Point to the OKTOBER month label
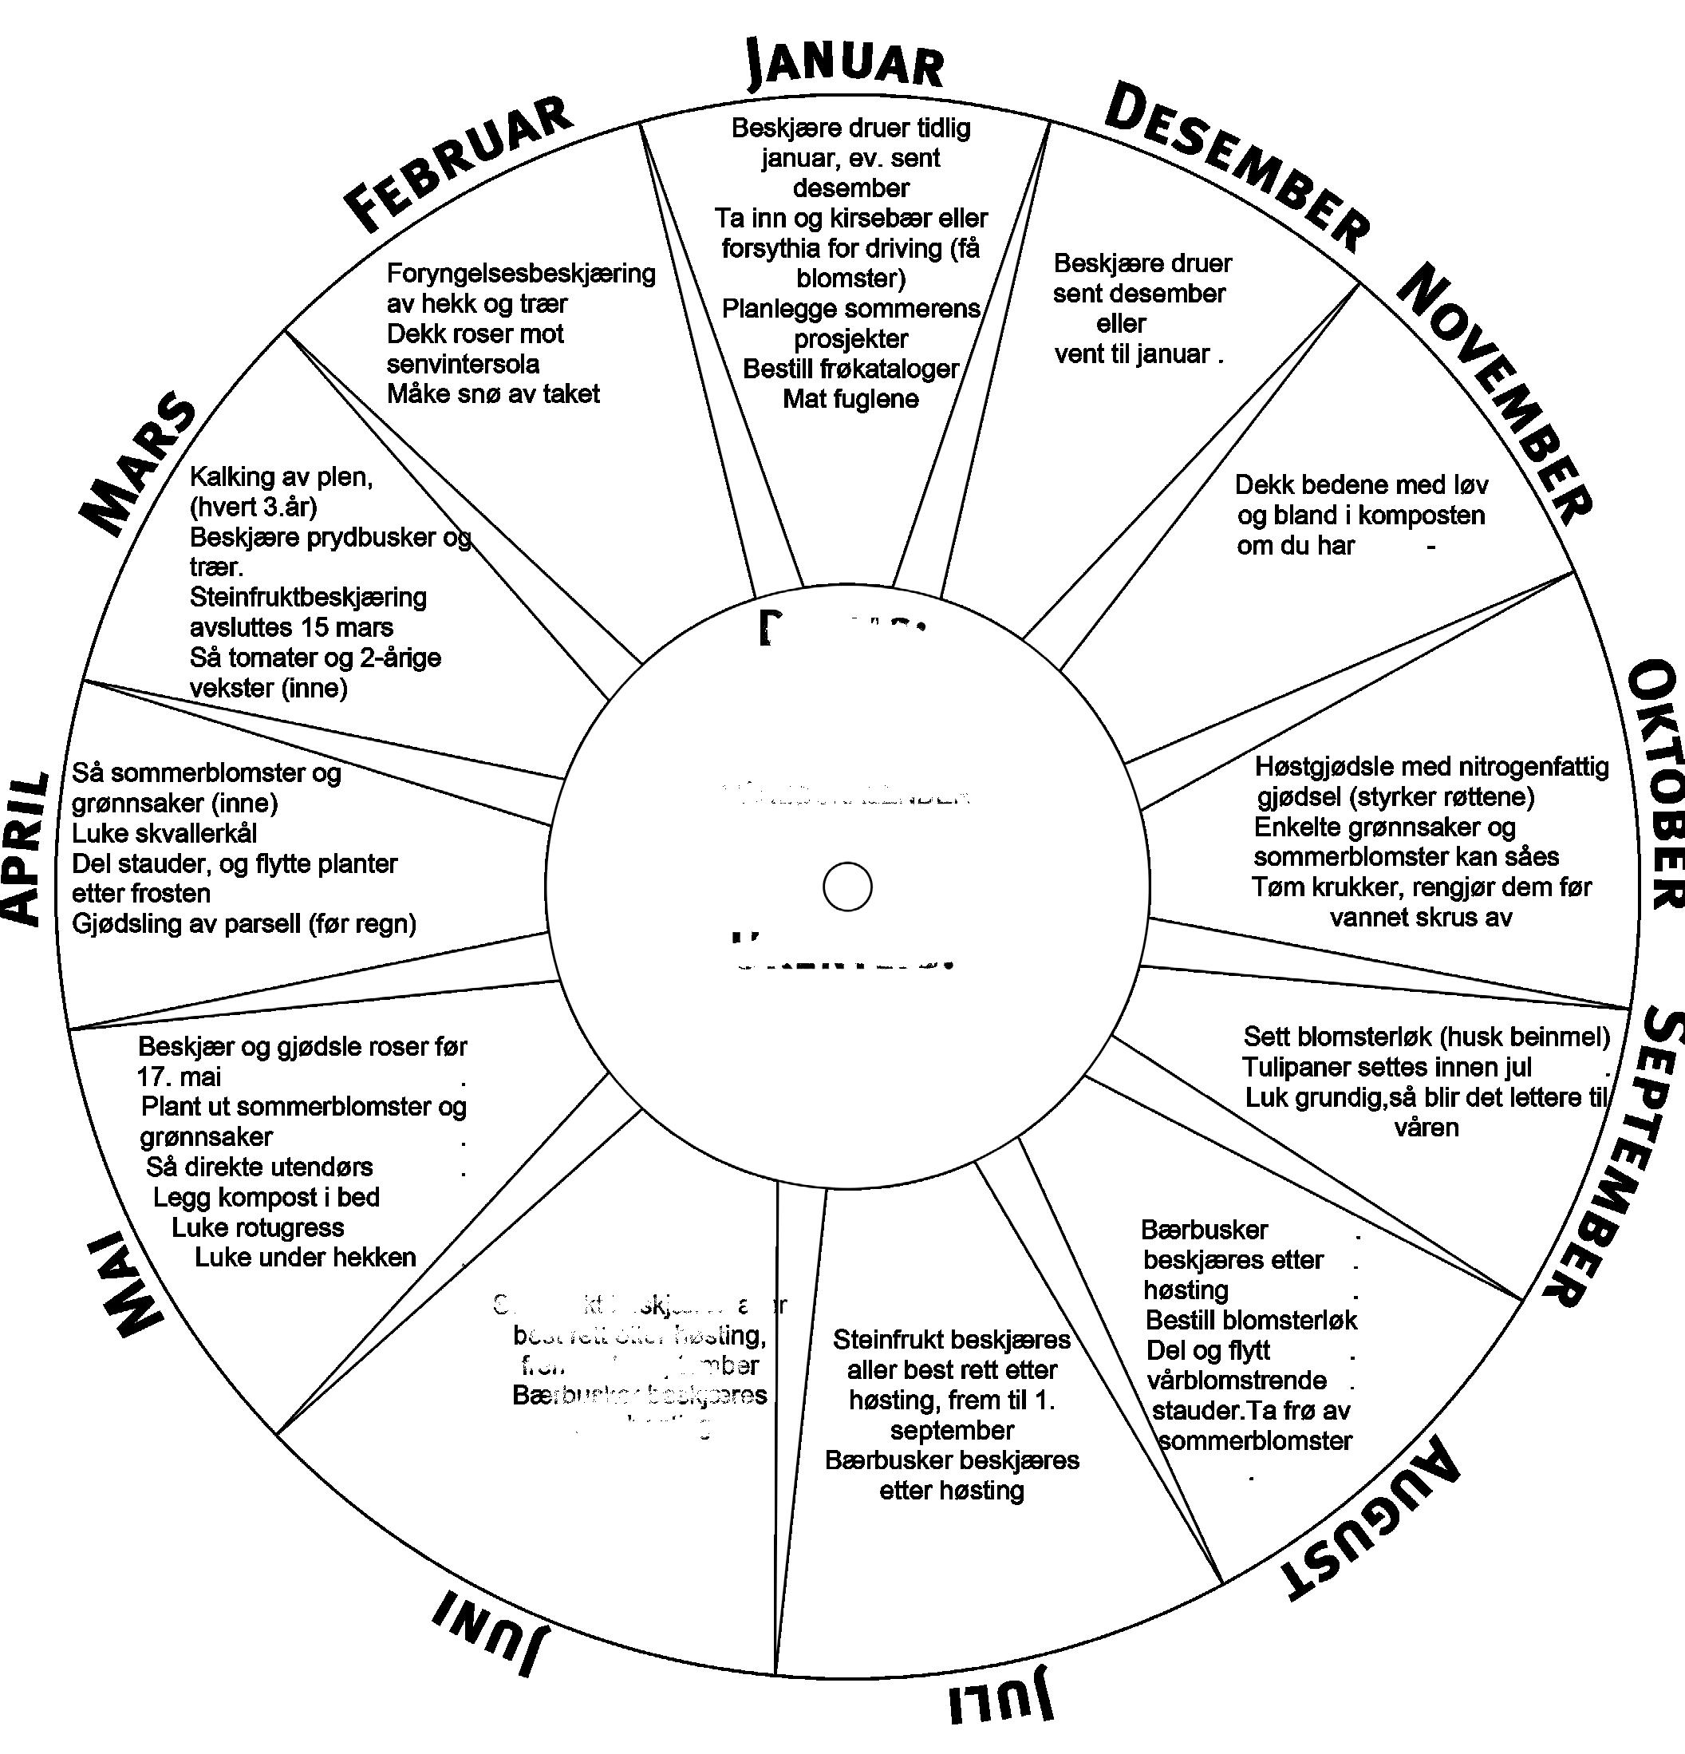point(1655,784)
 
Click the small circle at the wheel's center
point(846,886)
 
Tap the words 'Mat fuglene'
point(850,399)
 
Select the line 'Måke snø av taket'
point(493,393)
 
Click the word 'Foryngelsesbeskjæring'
point(521,273)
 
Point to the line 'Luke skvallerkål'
point(164,833)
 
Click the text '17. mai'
point(179,1076)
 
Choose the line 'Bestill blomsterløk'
point(1251,1320)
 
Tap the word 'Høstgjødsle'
point(1324,766)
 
